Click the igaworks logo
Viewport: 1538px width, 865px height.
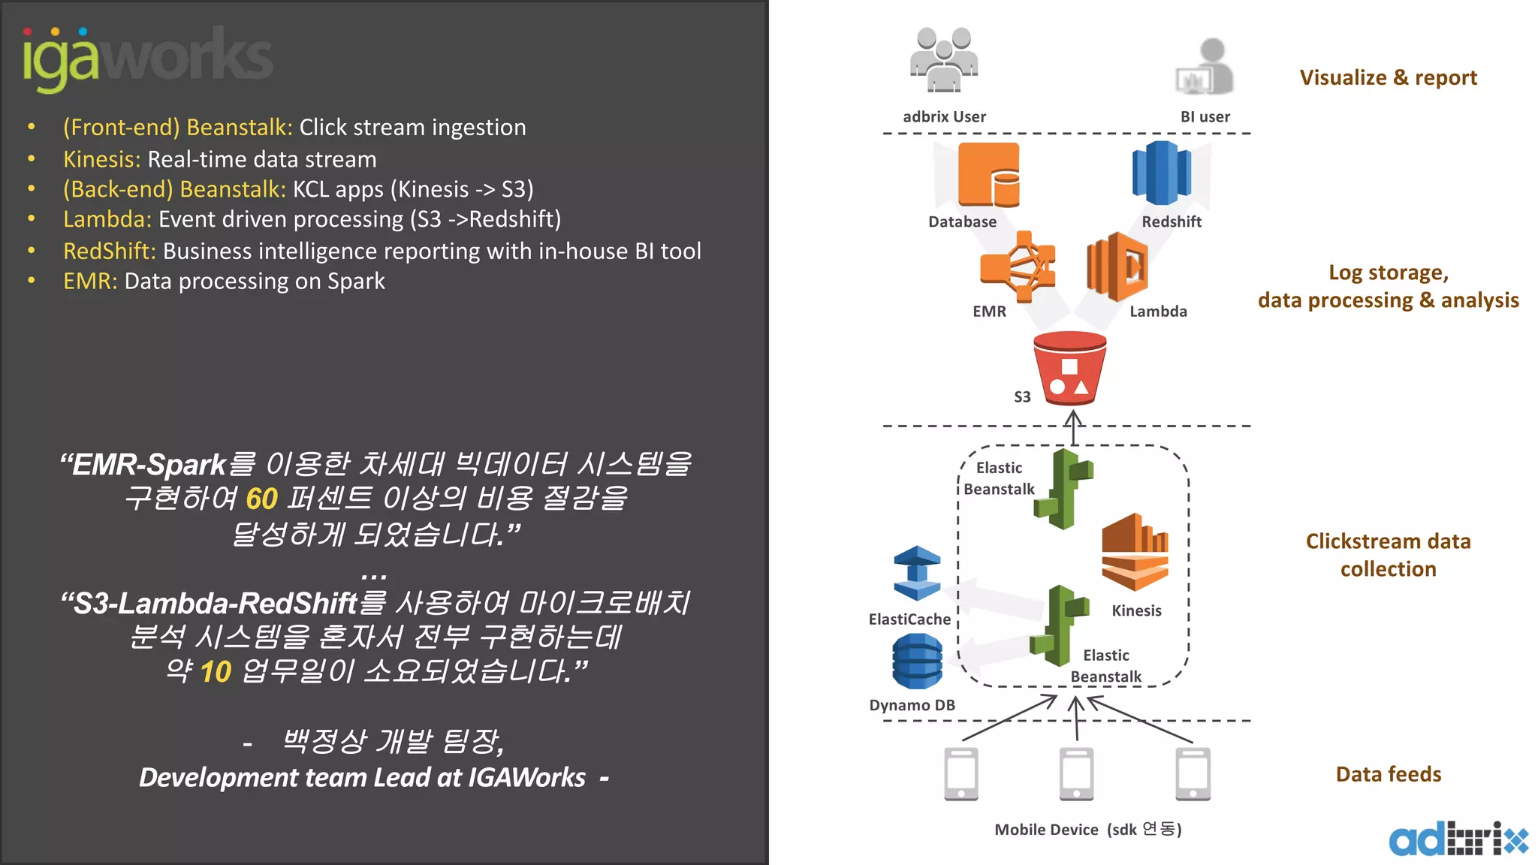(x=147, y=59)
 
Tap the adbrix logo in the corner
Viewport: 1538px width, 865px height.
(x=1457, y=839)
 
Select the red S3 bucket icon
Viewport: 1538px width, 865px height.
(x=1069, y=369)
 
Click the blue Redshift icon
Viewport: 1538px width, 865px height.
(x=1161, y=173)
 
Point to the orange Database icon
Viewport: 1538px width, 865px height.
(x=988, y=175)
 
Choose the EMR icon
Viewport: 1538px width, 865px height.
(x=1018, y=267)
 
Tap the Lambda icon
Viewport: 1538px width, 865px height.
(x=1117, y=267)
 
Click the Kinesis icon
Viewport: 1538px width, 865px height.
(x=1135, y=552)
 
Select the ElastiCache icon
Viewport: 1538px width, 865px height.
(x=917, y=574)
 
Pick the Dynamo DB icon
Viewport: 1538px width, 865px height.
(x=917, y=662)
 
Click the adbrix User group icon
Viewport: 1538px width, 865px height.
(x=944, y=60)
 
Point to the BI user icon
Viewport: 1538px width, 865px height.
(x=1205, y=68)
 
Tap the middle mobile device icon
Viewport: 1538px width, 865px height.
(x=1076, y=774)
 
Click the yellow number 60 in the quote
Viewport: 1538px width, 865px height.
(x=261, y=499)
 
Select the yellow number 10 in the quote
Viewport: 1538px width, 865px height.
(x=216, y=671)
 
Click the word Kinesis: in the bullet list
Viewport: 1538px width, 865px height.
(x=101, y=159)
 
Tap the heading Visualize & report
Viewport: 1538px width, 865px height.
(x=1388, y=77)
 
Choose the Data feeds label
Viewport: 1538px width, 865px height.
(x=1388, y=774)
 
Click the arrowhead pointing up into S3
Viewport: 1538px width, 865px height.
(x=1073, y=416)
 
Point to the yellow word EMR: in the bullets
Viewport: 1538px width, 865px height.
(x=90, y=282)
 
